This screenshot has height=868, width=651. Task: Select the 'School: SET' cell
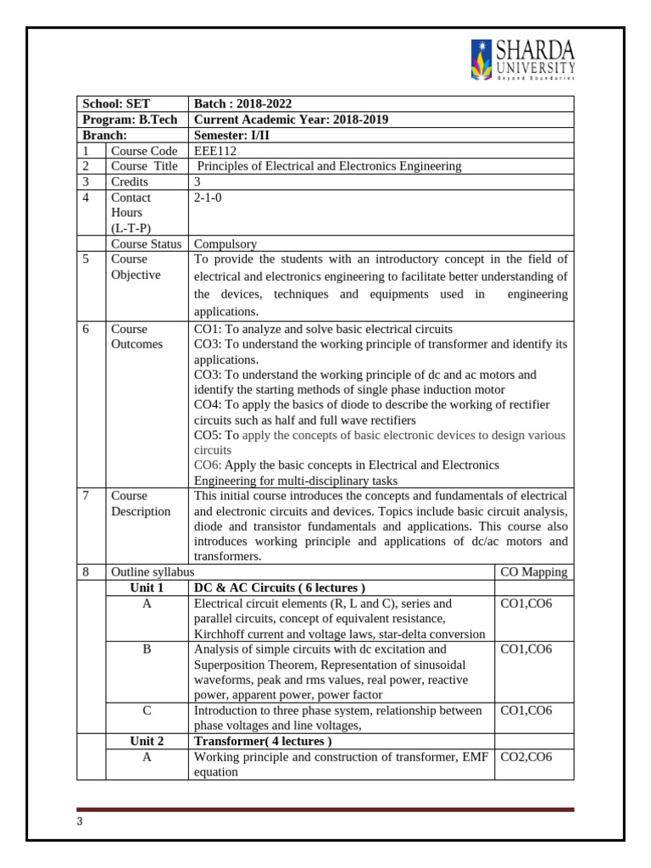click(x=114, y=103)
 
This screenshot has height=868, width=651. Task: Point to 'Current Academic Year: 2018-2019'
click(x=291, y=120)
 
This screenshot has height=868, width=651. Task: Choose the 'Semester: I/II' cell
click(x=233, y=135)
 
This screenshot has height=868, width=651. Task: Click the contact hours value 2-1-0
click(x=209, y=198)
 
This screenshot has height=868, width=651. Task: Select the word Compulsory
click(x=225, y=244)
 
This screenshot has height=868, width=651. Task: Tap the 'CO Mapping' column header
click(x=533, y=572)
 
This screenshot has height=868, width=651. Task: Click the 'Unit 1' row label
click(x=146, y=587)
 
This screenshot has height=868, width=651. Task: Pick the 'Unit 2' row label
click(x=146, y=741)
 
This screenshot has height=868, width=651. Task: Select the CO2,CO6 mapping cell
click(x=526, y=757)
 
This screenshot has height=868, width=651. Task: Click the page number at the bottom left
click(x=79, y=821)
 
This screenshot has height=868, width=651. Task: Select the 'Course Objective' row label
click(x=136, y=267)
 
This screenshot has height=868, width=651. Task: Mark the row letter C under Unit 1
click(x=146, y=710)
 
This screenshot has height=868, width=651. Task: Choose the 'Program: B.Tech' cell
click(x=130, y=120)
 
